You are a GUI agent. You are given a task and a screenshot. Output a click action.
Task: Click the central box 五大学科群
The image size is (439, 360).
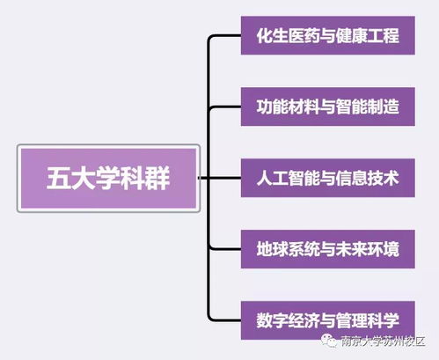point(109,179)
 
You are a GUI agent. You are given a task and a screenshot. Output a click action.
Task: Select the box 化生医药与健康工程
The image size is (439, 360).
point(327,36)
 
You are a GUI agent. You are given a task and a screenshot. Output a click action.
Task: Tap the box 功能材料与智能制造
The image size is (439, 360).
point(327,107)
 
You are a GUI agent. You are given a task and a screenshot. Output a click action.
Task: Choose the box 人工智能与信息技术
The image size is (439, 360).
point(327,179)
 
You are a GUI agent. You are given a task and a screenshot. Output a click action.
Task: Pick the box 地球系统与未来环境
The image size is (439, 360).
point(327,249)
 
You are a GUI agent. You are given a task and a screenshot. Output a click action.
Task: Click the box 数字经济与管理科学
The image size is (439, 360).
point(327,320)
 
